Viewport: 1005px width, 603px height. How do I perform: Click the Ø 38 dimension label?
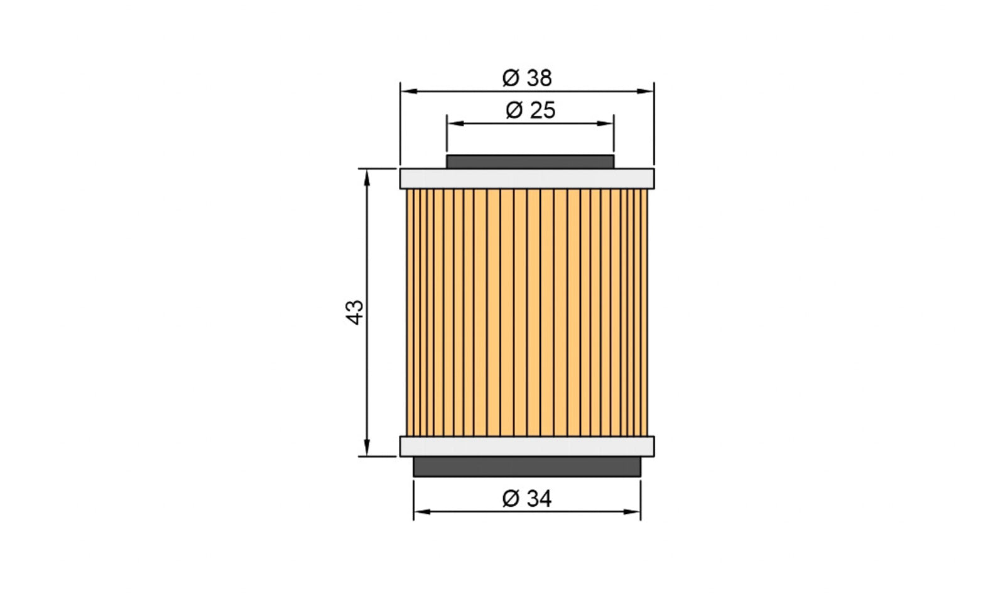pos(527,78)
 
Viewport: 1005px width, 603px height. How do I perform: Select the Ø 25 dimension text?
pos(530,111)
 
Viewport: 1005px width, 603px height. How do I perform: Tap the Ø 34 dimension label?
pos(527,499)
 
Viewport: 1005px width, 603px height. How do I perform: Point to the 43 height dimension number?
pos(354,312)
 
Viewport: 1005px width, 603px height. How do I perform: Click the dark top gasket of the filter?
pos(530,161)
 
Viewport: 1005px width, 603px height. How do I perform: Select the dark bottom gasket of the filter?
pos(527,467)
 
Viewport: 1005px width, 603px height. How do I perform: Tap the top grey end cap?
pos(527,178)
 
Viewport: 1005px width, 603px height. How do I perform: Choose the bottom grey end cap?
pos(527,447)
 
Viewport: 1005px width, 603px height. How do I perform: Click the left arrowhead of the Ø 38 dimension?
pos(409,92)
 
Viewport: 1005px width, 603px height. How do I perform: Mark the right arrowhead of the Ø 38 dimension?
pos(645,92)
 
